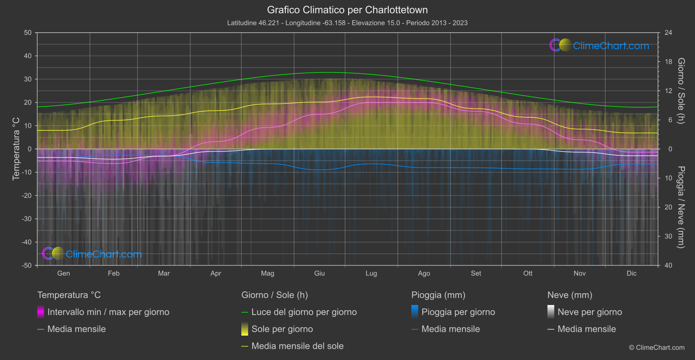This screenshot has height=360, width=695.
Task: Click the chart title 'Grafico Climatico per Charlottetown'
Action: (347, 10)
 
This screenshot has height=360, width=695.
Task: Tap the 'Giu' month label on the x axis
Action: (319, 273)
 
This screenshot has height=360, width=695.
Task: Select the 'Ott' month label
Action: (528, 273)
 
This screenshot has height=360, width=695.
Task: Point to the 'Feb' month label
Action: (113, 273)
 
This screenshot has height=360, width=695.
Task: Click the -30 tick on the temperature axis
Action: (27, 219)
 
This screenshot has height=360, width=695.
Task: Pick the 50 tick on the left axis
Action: (28, 33)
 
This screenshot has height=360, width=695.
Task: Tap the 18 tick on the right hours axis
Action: (668, 62)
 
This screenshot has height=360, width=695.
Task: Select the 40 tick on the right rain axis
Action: (668, 265)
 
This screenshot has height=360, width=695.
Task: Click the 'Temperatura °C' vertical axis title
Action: (16, 149)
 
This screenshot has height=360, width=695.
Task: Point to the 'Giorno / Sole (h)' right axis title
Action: (681, 91)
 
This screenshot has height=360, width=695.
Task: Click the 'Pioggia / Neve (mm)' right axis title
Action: (681, 207)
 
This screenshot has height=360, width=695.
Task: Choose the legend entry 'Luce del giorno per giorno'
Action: (304, 312)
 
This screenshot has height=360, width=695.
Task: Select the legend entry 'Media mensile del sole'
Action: (297, 346)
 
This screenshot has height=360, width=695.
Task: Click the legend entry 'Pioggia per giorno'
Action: (458, 312)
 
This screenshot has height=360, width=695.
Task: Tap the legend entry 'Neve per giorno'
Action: (589, 312)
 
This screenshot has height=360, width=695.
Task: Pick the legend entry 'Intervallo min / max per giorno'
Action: (108, 312)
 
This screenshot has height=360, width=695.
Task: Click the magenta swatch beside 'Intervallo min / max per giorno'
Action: (41, 312)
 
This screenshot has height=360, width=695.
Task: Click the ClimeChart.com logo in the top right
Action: (599, 45)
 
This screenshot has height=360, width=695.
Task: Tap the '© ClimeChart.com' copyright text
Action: (657, 347)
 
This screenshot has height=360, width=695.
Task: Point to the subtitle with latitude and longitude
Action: (347, 23)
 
